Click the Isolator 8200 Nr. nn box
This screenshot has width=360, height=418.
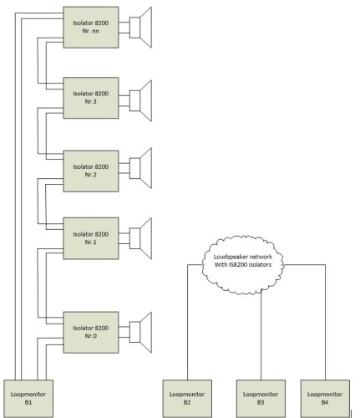(91, 28)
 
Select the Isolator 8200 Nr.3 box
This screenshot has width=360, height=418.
(91, 98)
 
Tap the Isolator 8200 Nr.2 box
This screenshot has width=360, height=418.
(91, 171)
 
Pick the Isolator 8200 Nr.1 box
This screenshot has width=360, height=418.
(91, 238)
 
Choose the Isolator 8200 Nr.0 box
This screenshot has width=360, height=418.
(91, 332)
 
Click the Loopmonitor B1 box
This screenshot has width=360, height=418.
(28, 399)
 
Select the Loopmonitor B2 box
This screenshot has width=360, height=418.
(187, 399)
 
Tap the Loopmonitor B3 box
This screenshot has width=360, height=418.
(261, 399)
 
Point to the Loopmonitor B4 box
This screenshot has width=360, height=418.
(325, 399)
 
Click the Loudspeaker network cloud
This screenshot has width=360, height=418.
(243, 265)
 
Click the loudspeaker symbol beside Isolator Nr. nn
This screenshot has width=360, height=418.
(140, 28)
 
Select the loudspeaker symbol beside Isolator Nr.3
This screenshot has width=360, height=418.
(140, 100)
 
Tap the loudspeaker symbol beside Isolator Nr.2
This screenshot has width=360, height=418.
(140, 168)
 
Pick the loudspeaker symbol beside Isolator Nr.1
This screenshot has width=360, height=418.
(140, 238)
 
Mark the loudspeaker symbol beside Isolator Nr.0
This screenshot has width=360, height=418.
(140, 332)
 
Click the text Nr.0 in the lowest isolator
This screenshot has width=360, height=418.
(91, 336)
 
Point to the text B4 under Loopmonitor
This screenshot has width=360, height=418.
(325, 402)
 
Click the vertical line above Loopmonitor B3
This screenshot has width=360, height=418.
(261, 335)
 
